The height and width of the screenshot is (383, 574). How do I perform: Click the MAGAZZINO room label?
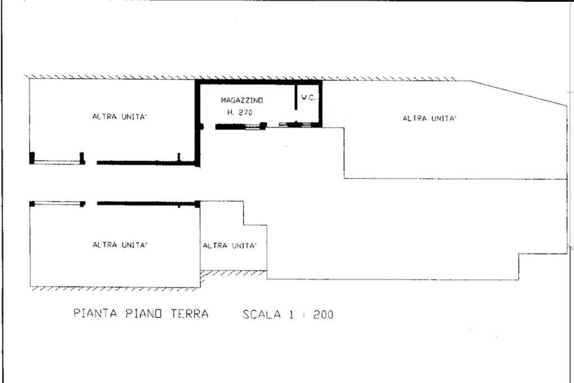242,100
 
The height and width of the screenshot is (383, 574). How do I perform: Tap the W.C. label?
308,98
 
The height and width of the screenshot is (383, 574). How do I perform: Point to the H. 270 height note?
240,112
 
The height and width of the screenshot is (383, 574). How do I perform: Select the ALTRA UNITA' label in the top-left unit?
120,117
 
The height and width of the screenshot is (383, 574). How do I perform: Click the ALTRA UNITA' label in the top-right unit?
430,118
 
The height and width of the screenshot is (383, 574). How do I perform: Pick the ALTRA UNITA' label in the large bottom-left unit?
120,244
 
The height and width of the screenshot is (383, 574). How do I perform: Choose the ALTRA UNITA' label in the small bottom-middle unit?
230,245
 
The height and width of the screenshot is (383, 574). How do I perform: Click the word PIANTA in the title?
95,313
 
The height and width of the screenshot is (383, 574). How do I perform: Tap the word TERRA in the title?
189,314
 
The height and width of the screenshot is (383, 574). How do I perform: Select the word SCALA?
262,315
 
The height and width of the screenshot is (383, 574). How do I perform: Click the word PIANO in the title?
143,314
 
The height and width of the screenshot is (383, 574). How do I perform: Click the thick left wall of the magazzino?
198,123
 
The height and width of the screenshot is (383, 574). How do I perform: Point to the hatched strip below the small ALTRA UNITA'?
234,273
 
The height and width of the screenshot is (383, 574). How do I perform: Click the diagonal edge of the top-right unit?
519,94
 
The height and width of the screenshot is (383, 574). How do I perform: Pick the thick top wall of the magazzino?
259,82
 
